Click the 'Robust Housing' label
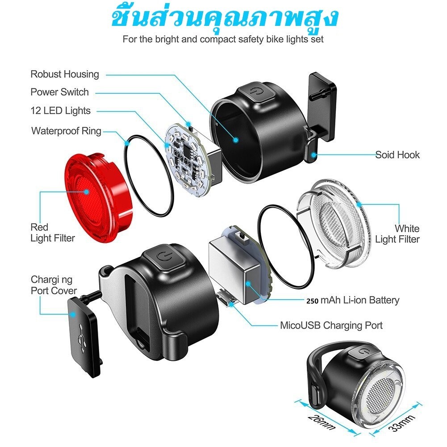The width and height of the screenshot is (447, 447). [x=65, y=74]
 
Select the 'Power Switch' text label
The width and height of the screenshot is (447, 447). [x=59, y=92]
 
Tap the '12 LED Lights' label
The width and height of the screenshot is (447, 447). [x=60, y=111]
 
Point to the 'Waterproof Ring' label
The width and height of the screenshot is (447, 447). [x=67, y=131]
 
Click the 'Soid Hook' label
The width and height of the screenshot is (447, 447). [x=397, y=155]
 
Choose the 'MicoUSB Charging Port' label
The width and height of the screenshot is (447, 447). [x=331, y=325]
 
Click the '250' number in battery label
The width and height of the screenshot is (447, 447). [x=313, y=301]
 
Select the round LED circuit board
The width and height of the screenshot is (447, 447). [x=185, y=160]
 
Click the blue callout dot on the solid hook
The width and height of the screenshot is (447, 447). [x=313, y=155]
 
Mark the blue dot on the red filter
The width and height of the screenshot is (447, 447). [x=87, y=192]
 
